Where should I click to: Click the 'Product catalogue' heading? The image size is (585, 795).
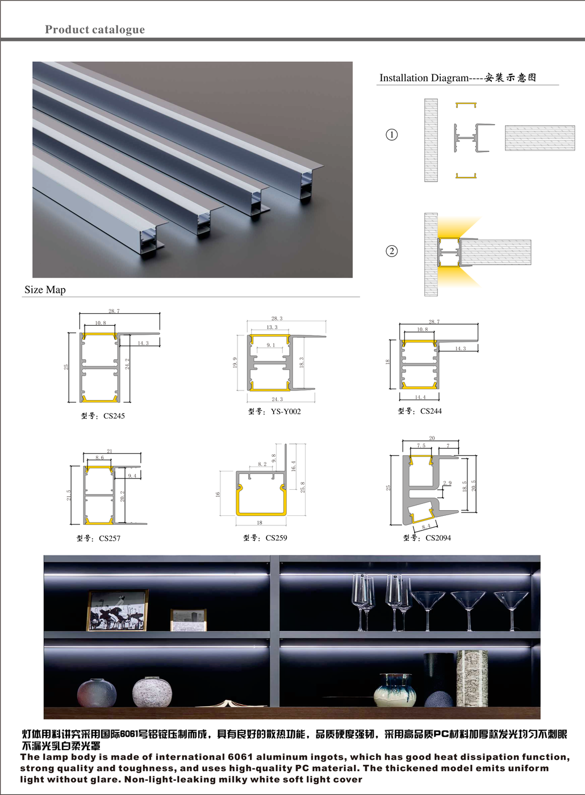pos(95,30)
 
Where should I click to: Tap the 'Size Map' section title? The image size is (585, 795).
pos(45,290)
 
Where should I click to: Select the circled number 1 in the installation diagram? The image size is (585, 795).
pos(391,135)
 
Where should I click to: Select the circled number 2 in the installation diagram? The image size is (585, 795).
pos(391,251)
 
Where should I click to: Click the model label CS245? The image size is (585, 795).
pos(114,416)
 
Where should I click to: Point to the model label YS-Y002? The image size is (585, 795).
pos(286,412)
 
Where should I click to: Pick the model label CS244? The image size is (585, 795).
pos(431,411)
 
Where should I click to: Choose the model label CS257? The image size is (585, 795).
pos(110,539)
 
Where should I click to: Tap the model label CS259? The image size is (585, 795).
pos(277,538)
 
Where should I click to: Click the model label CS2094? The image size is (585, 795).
pos(438,538)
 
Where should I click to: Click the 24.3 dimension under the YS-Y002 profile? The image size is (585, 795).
pos(277,399)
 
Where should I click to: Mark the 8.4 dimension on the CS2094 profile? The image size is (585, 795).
pos(426,526)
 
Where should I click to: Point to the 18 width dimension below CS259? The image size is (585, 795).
pos(260,523)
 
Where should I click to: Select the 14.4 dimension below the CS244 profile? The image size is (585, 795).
pos(420,397)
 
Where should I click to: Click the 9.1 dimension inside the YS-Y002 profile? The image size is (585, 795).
pos(271,345)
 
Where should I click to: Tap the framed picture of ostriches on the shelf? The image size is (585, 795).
pos(118,611)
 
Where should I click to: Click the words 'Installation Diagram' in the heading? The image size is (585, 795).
pos(424,78)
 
